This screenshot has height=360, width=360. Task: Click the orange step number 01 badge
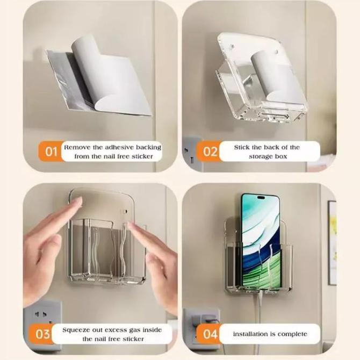click(51, 152)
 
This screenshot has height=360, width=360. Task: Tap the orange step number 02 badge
click(209, 152)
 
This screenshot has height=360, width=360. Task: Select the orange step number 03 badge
click(42, 334)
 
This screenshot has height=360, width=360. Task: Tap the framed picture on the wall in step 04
click(333, 242)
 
